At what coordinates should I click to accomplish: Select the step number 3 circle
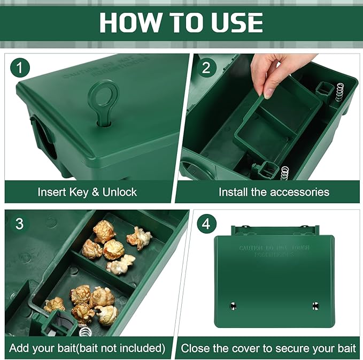[19, 224]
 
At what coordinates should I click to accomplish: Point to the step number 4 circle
[206, 224]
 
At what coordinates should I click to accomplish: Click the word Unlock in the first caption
[119, 192]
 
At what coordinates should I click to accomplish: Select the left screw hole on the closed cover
[233, 305]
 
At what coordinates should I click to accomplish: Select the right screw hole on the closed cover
[315, 305]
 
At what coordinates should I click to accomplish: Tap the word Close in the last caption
[195, 348]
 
